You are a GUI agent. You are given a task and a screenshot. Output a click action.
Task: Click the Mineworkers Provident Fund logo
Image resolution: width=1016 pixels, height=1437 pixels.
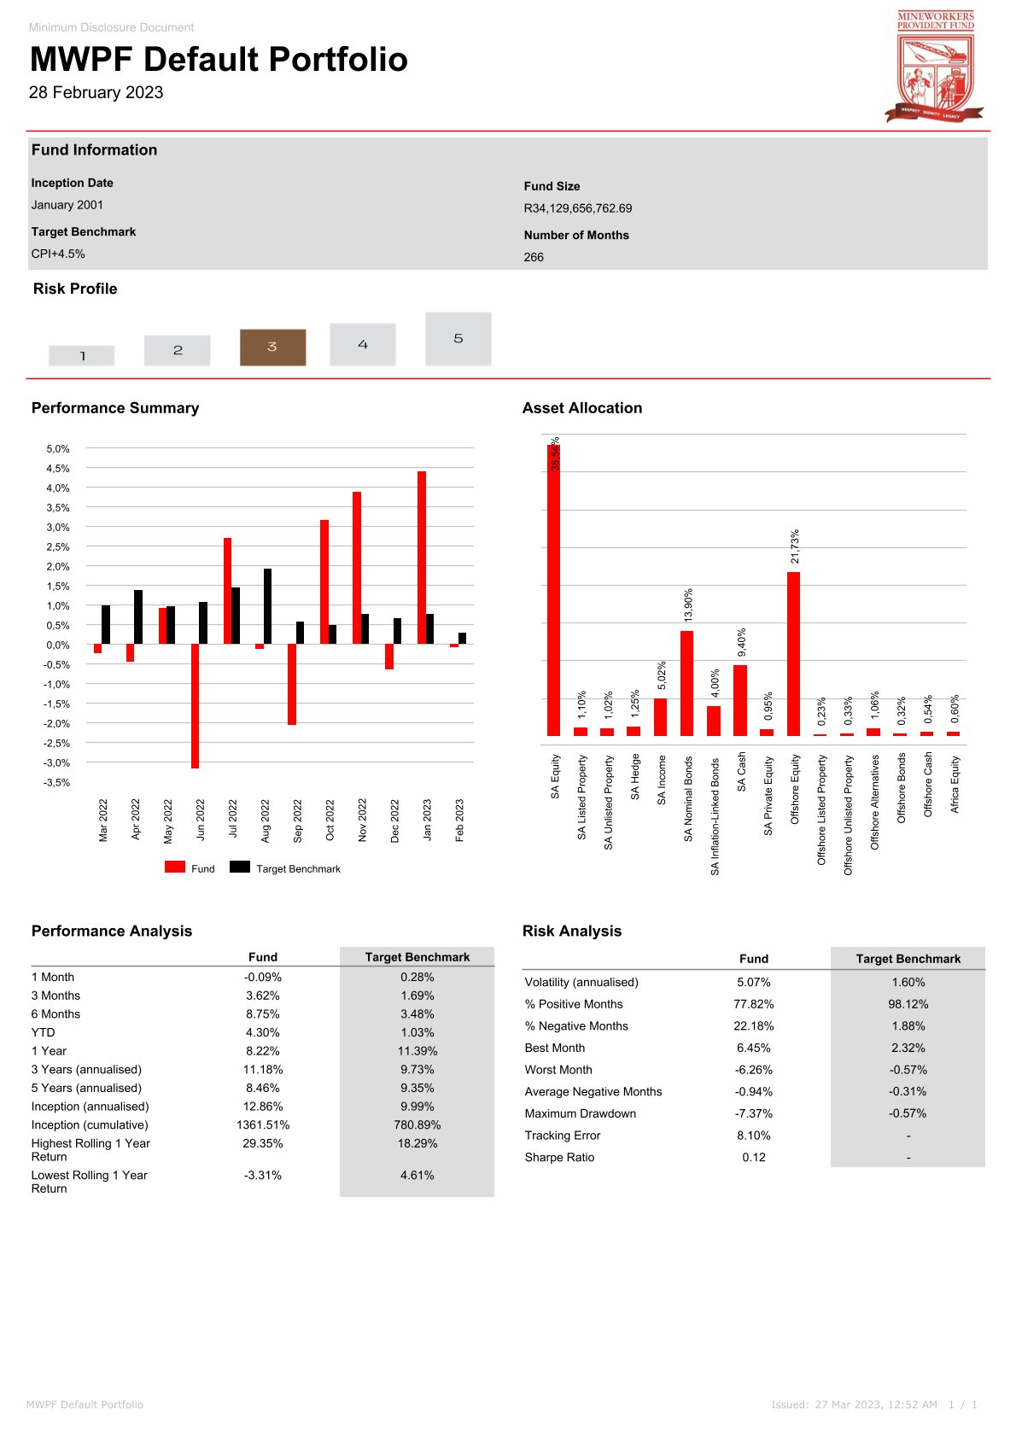click(935, 67)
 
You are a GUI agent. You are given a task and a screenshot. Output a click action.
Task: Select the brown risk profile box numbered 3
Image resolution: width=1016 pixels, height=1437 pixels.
click(272, 347)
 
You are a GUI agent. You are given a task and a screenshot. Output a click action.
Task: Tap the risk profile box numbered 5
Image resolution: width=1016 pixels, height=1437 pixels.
click(458, 339)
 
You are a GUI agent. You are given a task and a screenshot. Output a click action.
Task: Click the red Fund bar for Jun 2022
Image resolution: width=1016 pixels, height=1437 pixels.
click(196, 705)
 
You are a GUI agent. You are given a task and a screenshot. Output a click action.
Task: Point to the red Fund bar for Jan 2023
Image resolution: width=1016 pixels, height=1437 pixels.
click(422, 557)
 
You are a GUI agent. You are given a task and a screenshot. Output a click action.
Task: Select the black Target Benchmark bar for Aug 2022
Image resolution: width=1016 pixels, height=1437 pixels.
click(267, 606)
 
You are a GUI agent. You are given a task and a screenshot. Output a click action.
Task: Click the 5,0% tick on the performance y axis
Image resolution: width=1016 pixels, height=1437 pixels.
click(58, 449)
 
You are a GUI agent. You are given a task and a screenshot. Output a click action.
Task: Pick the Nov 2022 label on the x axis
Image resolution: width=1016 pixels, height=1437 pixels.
click(363, 820)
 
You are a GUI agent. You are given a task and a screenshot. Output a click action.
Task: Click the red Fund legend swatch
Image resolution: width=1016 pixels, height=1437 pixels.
click(175, 867)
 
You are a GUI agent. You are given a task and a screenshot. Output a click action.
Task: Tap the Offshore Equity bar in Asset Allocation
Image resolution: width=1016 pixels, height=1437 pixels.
click(793, 653)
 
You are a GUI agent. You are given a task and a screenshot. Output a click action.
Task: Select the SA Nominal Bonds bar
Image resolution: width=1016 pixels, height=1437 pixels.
click(686, 683)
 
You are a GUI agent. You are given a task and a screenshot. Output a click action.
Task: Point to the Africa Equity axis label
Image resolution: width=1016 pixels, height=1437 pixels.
click(955, 784)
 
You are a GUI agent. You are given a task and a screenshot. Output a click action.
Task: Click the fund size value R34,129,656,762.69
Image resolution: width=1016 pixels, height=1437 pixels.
click(578, 208)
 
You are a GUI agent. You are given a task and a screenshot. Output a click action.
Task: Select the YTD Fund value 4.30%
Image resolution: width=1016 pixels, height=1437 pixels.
click(262, 1032)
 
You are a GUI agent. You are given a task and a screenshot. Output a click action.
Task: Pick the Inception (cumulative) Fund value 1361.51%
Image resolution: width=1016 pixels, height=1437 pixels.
click(262, 1124)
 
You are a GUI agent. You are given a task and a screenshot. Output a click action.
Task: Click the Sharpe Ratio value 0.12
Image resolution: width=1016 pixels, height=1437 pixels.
click(753, 1157)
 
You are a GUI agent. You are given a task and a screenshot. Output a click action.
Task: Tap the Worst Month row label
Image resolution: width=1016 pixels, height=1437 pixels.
click(558, 1070)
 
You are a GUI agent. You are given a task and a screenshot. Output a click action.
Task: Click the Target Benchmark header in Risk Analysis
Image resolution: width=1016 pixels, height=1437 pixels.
click(908, 959)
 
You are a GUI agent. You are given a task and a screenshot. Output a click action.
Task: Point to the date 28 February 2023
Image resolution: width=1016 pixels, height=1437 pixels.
click(96, 92)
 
